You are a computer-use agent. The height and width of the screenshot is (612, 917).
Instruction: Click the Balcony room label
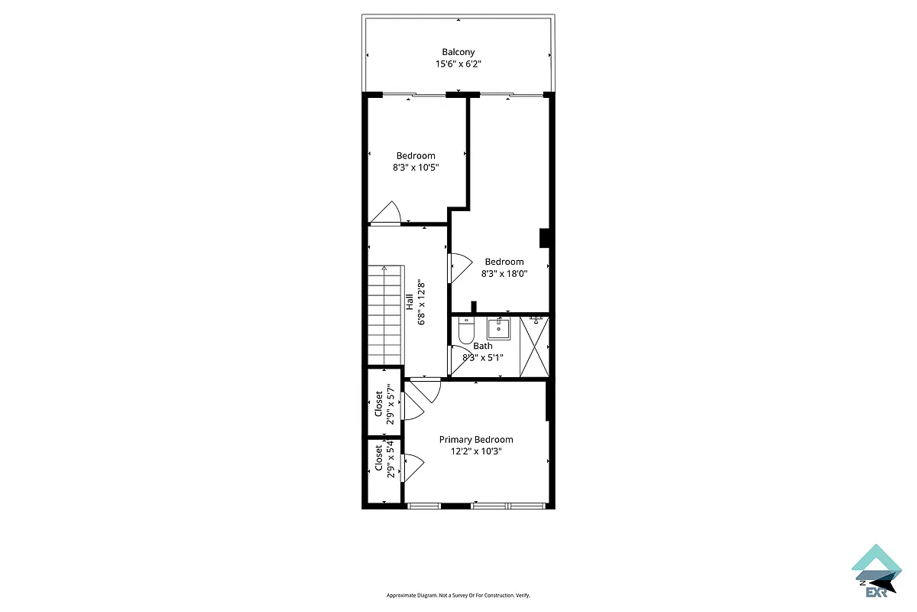[x=458, y=52]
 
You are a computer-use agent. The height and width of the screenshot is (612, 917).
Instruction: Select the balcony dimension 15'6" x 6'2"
[x=458, y=64]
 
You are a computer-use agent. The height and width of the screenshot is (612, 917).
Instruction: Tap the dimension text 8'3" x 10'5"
[x=415, y=168]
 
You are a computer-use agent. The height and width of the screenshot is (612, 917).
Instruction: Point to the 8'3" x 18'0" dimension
[x=504, y=273]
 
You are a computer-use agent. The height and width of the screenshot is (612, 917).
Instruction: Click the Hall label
[x=410, y=301]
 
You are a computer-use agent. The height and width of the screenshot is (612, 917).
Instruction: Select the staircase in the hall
[x=384, y=315]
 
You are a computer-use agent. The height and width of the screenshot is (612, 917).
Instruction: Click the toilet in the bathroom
[x=465, y=332]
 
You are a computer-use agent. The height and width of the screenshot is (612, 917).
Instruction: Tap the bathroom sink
[x=498, y=329]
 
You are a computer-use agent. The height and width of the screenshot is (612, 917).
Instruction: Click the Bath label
[x=483, y=346]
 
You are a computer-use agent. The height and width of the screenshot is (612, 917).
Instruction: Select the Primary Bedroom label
[x=475, y=439]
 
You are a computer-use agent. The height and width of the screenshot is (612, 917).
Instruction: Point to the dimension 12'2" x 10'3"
[x=475, y=451]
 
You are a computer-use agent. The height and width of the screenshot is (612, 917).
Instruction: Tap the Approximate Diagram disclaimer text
[x=458, y=595]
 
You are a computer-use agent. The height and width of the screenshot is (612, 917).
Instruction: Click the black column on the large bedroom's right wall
[x=545, y=239]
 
